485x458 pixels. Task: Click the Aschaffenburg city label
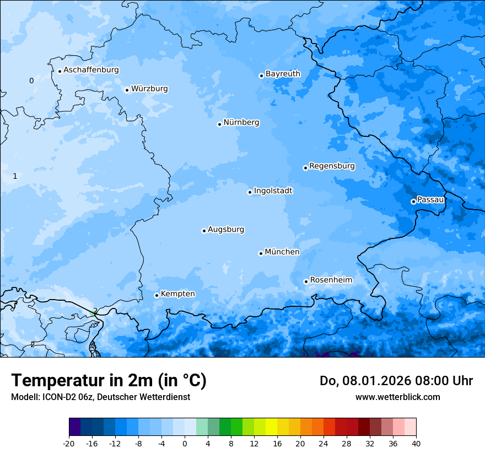point(91,70)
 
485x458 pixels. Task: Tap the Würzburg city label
point(149,89)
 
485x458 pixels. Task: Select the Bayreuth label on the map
point(283,74)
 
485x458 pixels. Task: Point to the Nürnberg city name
point(241,123)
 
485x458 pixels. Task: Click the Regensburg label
point(332,166)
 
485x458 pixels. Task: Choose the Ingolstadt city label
point(273,191)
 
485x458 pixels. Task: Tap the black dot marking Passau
point(413,201)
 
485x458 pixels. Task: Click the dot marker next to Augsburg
point(204,231)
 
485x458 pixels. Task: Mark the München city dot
point(261,253)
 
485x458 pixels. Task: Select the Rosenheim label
point(331,280)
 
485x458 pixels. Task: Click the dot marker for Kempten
point(157,295)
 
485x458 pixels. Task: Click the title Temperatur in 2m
point(109,381)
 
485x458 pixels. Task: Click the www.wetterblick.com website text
point(397,397)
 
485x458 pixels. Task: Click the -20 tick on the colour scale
point(69,443)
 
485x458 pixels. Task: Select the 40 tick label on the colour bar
point(416,443)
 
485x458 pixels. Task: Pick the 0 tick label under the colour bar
point(185,443)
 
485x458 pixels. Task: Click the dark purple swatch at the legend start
point(74,427)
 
